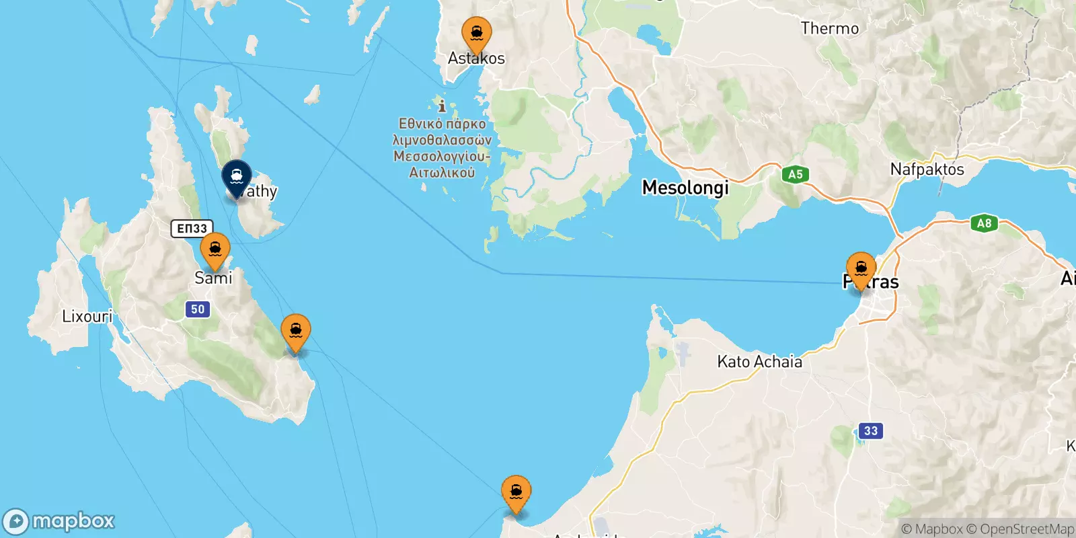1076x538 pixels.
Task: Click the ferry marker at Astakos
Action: tap(476, 33)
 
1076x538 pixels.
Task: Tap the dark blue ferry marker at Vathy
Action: tap(237, 177)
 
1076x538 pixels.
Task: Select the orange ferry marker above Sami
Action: tap(215, 249)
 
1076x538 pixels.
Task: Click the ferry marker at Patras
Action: tap(861, 269)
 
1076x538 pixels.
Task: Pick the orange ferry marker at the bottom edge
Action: tap(516, 492)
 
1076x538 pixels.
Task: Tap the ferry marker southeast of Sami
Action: tap(296, 331)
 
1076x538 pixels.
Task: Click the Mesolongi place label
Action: tap(685, 188)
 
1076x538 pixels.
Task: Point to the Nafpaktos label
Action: tap(927, 169)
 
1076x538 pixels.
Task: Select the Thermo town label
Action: tap(829, 28)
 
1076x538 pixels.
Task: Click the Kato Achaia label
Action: tap(759, 362)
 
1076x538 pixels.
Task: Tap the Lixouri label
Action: tap(87, 316)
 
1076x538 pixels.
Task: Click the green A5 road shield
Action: tap(795, 175)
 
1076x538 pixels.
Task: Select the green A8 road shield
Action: tap(984, 223)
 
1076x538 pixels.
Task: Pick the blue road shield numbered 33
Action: tap(871, 430)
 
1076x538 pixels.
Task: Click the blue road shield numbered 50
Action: tap(198, 309)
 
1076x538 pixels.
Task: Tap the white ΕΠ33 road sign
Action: tap(192, 229)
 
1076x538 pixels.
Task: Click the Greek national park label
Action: tap(442, 148)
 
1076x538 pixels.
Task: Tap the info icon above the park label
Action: tap(442, 106)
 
